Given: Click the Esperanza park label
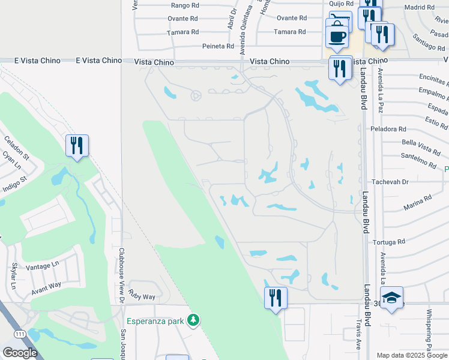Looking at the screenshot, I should [155, 321].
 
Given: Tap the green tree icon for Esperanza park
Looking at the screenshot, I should [193, 321].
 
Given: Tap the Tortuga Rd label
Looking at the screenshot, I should [388, 242].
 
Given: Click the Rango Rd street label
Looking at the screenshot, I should [184, 5].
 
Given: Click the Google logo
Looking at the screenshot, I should [20, 353].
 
